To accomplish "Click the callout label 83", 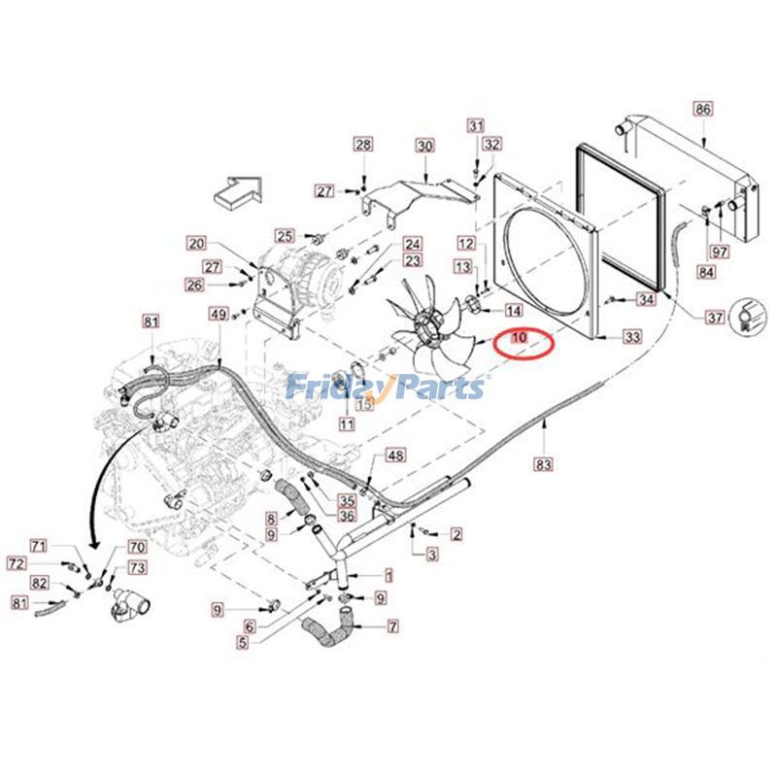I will tap(544, 465).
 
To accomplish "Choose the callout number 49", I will tap(219, 314).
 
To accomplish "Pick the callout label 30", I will tap(424, 147).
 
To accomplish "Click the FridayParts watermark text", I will tap(385, 388).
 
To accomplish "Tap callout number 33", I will tap(633, 336).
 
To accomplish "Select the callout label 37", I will tap(716, 318).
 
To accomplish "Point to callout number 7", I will tap(392, 626).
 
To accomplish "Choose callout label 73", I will tap(138, 568).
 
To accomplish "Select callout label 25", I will tap(284, 236).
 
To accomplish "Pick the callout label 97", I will tap(720, 253).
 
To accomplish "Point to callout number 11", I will tap(347, 423).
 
